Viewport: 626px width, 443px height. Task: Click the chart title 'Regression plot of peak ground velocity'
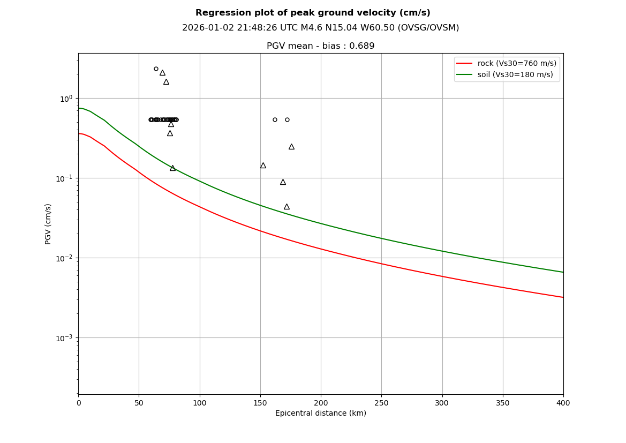(313, 13)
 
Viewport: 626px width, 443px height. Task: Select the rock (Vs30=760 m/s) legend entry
(517, 63)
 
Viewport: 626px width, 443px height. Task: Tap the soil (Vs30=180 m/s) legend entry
(515, 74)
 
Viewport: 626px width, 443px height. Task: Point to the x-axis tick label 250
(381, 403)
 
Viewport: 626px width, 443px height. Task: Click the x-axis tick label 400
(563, 403)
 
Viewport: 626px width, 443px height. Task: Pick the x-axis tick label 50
(139, 403)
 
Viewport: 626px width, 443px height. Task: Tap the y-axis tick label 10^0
(66, 99)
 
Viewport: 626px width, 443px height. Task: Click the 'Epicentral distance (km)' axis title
(320, 414)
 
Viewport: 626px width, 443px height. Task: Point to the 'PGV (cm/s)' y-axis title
(48, 224)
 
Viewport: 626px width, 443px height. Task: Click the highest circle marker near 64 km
(156, 69)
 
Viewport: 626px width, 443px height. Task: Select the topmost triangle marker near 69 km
(162, 73)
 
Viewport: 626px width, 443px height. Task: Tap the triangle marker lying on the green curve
(172, 168)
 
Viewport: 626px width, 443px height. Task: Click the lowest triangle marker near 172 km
(286, 207)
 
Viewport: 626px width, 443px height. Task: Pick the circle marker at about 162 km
(275, 119)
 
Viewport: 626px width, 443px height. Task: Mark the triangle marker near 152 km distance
(263, 166)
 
